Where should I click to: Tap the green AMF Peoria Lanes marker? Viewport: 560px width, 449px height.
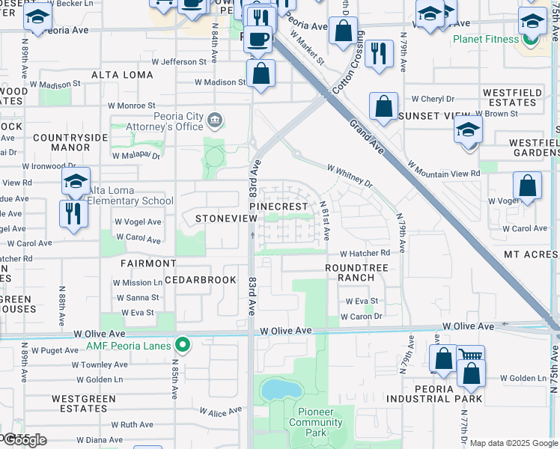click(x=181, y=345)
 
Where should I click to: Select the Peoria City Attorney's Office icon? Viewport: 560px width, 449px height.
click(x=214, y=118)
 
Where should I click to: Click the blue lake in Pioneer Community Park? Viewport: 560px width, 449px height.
click(x=279, y=389)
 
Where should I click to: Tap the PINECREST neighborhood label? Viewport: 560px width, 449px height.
click(x=279, y=206)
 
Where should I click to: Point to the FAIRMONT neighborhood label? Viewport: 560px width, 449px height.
click(x=148, y=263)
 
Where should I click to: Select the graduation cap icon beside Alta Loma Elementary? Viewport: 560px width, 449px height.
click(x=76, y=180)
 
